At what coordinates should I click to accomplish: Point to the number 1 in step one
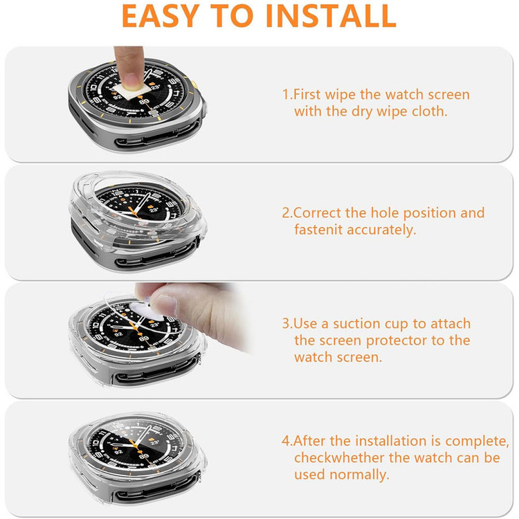click(285, 94)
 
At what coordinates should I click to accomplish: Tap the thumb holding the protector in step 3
click(165, 306)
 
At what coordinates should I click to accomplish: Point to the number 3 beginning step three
click(285, 323)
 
